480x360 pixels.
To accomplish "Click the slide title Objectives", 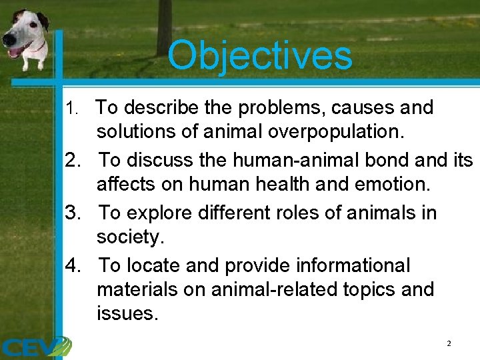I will (x=259, y=55).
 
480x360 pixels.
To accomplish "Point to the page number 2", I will (x=449, y=343).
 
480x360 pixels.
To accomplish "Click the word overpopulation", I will (x=335, y=131).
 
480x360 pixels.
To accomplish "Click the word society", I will (x=129, y=237).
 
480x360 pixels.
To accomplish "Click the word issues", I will (x=127, y=313).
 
